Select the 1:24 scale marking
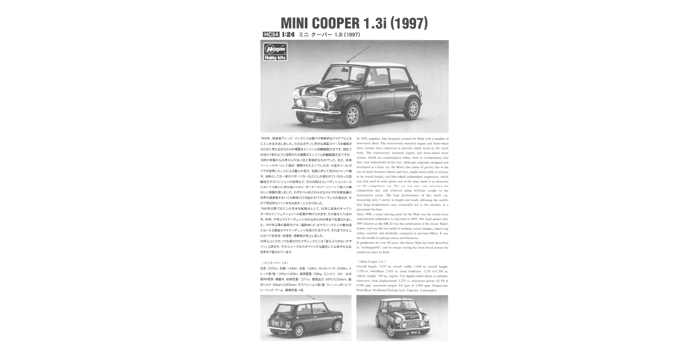(x=288, y=35)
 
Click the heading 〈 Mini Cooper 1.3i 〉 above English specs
(x=371, y=261)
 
